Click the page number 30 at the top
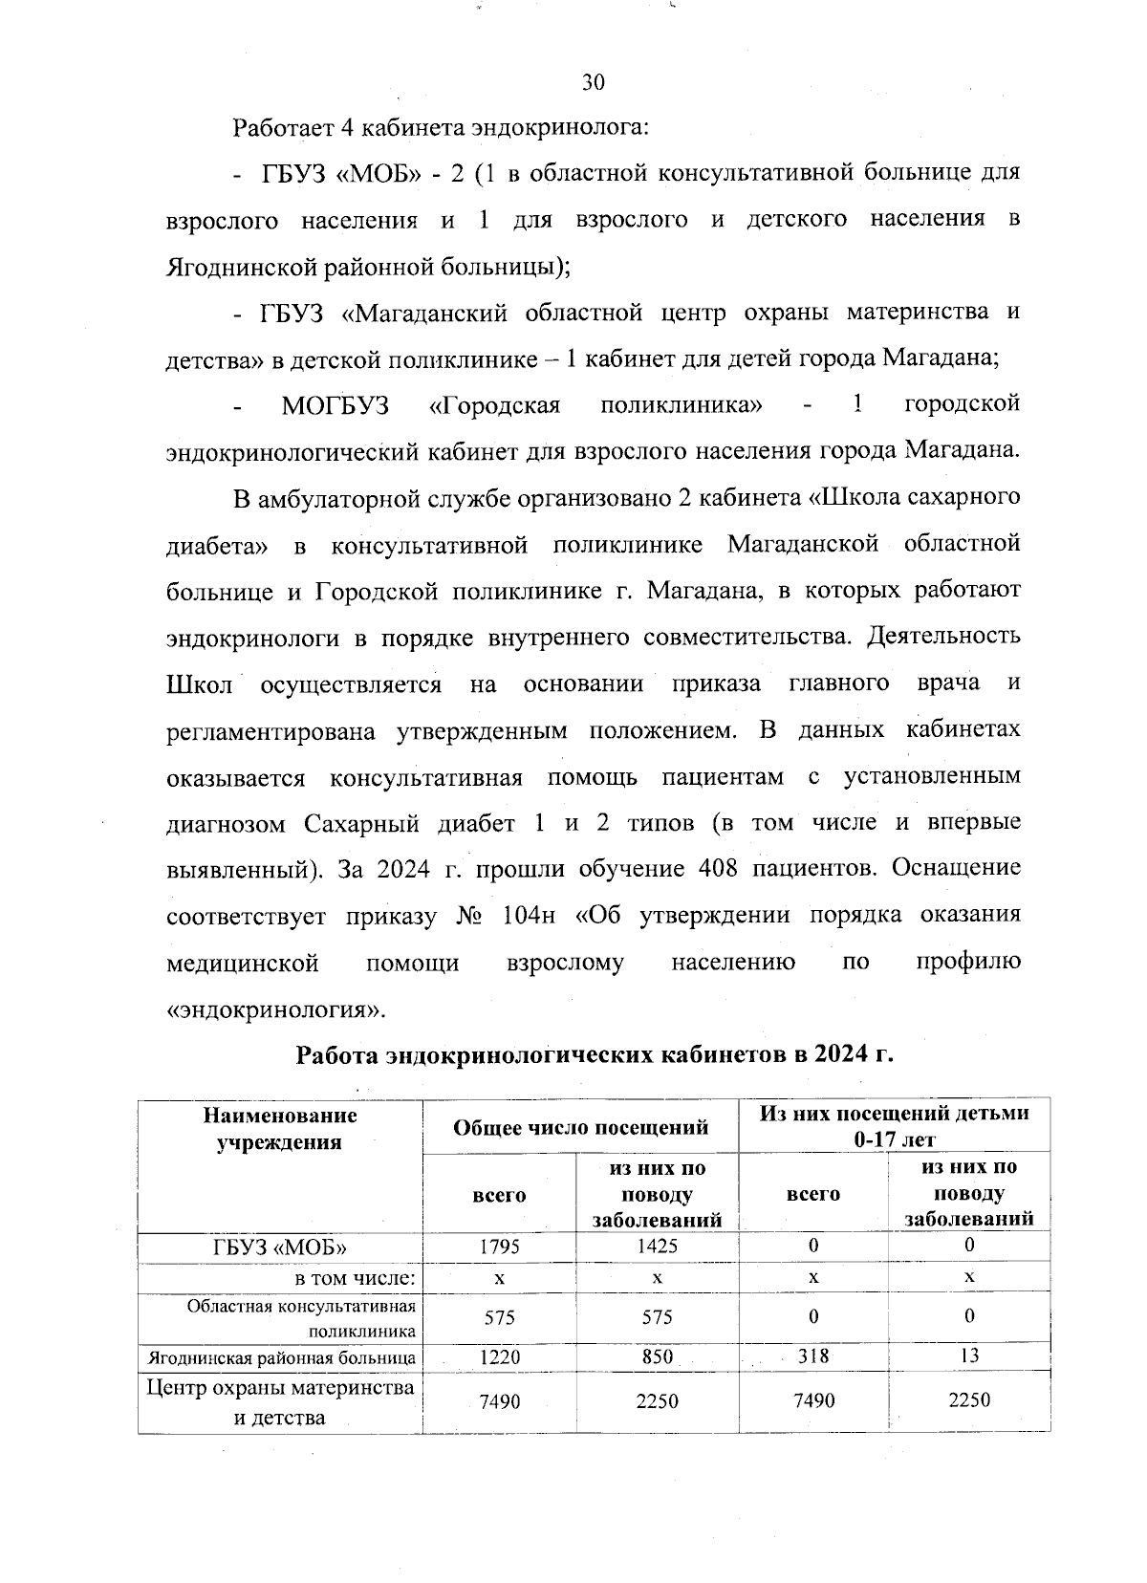click(x=593, y=82)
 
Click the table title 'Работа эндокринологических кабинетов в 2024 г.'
click(x=595, y=1054)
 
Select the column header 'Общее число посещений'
click(x=581, y=1127)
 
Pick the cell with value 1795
click(x=499, y=1247)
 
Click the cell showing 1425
click(x=658, y=1246)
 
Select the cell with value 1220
click(x=499, y=1356)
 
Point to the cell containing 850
click(x=658, y=1356)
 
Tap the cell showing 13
click(x=969, y=1355)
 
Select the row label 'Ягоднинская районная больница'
click(x=281, y=1357)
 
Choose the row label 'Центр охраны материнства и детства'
click(x=280, y=1401)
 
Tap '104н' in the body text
click(x=527, y=915)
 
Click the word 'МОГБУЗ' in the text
click(x=335, y=404)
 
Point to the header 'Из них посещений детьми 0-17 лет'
click(x=894, y=1126)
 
